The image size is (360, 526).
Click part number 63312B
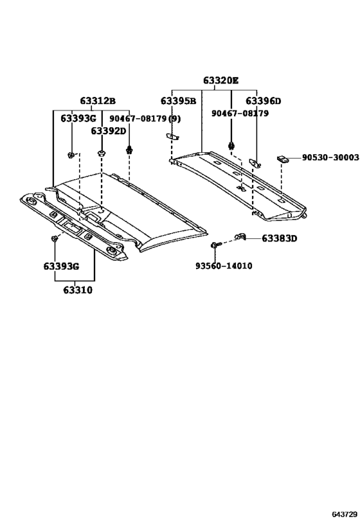[98, 101]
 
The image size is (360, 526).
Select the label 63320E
[221, 81]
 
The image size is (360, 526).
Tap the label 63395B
[178, 101]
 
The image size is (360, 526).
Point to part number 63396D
[263, 101]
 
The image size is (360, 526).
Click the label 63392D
[108, 131]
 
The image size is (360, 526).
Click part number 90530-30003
[330, 157]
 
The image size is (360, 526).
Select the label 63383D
[279, 239]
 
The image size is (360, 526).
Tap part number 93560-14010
[224, 266]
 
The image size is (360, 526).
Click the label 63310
[77, 290]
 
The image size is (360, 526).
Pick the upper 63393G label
[78, 119]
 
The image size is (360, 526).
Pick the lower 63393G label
[61, 267]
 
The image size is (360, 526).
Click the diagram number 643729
[344, 515]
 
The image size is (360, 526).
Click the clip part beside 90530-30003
[283, 159]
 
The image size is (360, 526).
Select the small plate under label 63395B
[172, 136]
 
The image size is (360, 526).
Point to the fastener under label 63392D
[101, 153]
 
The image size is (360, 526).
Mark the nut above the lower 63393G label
[54, 239]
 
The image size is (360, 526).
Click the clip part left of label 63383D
[242, 238]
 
